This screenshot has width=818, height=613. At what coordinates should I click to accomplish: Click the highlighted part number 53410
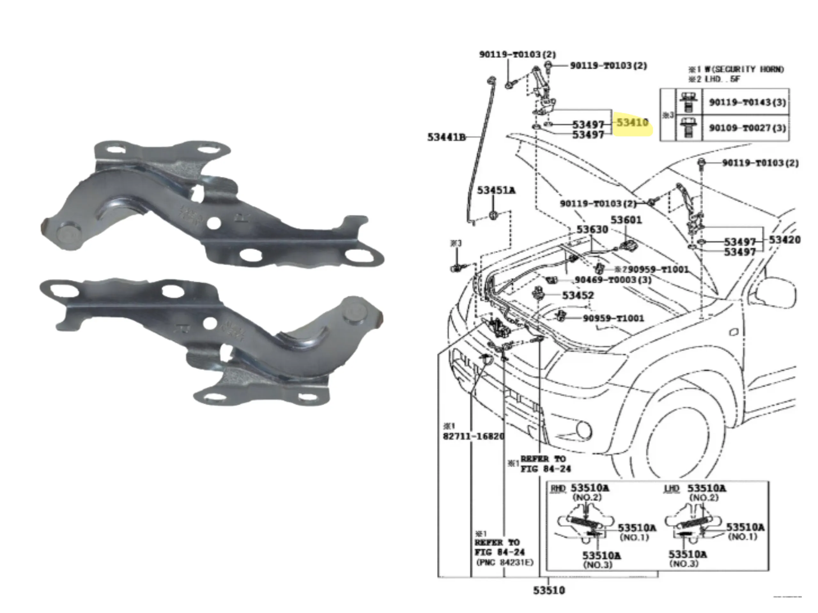click(x=632, y=123)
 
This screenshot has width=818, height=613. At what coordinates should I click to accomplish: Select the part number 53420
click(x=785, y=240)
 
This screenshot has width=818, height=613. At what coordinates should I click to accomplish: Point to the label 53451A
click(x=496, y=190)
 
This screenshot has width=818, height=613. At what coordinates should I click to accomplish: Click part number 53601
click(x=626, y=220)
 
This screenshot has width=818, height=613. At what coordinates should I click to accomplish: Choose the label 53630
click(x=592, y=230)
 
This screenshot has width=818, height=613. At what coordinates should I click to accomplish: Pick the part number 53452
click(x=578, y=295)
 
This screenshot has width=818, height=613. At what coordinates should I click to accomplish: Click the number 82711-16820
click(x=473, y=436)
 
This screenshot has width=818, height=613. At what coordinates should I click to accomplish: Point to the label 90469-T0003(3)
click(x=613, y=280)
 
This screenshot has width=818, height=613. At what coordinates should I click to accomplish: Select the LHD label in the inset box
click(x=672, y=489)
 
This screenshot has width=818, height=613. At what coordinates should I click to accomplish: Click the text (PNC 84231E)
click(x=505, y=562)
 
